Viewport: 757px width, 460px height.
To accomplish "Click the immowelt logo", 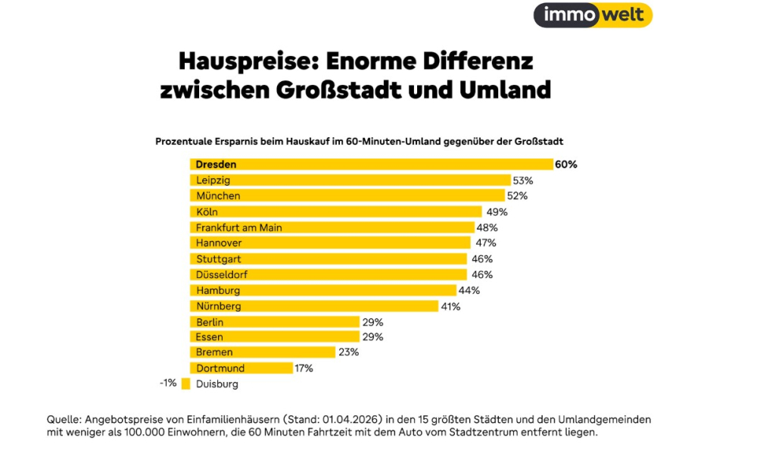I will coord(593,15).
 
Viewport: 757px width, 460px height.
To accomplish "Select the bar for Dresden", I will coord(371,164).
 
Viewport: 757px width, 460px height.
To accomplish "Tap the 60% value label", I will coord(565,164).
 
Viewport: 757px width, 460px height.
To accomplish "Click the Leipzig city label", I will coord(213,180).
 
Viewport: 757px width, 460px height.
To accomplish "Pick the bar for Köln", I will coord(335,212).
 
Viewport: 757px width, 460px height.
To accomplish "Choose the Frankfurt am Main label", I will coord(238,227).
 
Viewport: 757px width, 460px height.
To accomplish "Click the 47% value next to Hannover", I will coord(486,243).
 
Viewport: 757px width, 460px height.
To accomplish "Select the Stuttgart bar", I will coord(328,259).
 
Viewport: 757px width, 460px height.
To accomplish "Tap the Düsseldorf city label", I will coord(222,274).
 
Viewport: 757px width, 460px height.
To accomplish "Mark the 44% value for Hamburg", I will coord(469,290).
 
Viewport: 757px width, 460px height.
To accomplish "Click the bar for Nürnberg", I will coord(313,306).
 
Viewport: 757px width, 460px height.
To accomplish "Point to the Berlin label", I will coord(209,322).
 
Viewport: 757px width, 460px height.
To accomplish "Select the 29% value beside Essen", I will coord(372,337).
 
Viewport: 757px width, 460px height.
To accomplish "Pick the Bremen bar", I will coord(262,352).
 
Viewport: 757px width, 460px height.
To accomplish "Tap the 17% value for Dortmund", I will coord(304,368).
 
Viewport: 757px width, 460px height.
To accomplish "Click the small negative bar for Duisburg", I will coord(185,384).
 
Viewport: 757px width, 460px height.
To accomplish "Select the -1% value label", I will coord(168,383).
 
